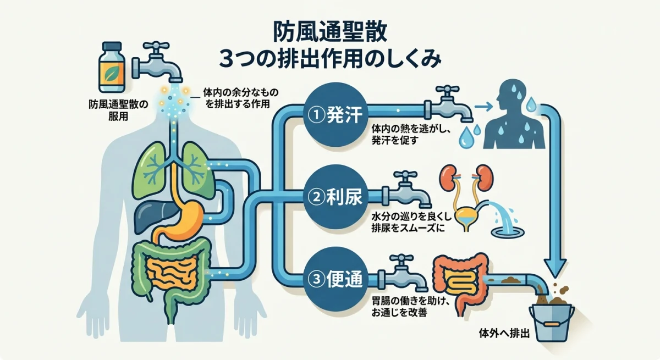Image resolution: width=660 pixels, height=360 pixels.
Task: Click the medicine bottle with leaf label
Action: click(112, 67)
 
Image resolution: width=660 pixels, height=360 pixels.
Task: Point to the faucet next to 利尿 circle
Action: click(410, 190)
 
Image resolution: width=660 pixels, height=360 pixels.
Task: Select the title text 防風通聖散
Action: click(330, 31)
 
